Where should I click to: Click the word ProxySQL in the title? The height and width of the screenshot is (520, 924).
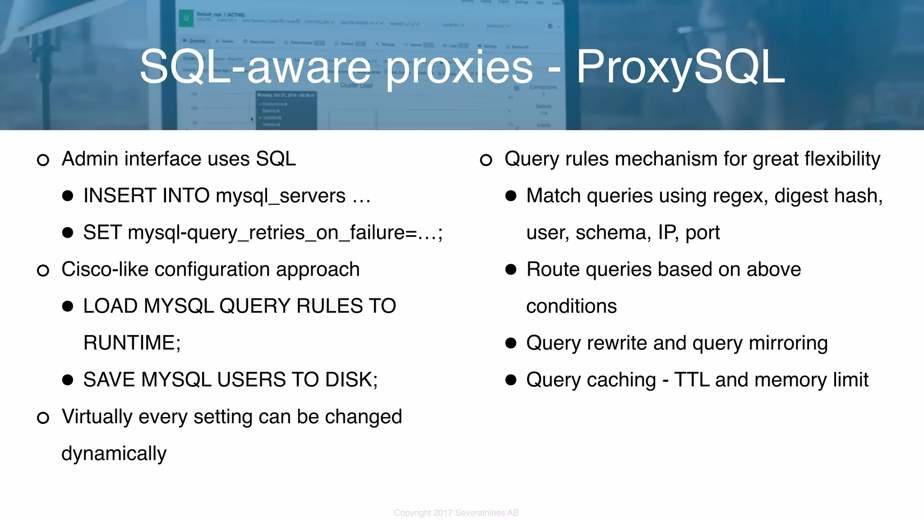coord(680,68)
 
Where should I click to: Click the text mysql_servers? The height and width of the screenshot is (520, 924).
coord(281,196)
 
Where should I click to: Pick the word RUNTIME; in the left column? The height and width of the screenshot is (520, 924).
coord(132,343)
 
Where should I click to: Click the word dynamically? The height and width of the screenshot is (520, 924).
coord(114,454)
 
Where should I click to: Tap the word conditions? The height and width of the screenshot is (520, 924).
coord(571,306)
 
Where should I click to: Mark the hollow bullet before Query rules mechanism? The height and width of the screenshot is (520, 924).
coord(486,160)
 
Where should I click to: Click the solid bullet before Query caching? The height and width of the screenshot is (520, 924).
coord(511,380)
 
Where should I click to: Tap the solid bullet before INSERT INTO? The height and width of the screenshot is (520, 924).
coord(68,196)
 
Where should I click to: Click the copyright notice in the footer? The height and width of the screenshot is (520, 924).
coord(456,513)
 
